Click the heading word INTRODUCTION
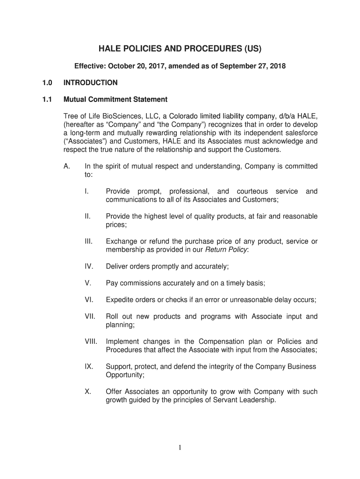point(91,83)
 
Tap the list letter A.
point(67,166)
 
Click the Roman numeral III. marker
point(89,241)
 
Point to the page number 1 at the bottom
point(180,448)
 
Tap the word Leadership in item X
point(257,400)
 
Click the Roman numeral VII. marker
point(90,317)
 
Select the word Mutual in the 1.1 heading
point(75,100)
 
